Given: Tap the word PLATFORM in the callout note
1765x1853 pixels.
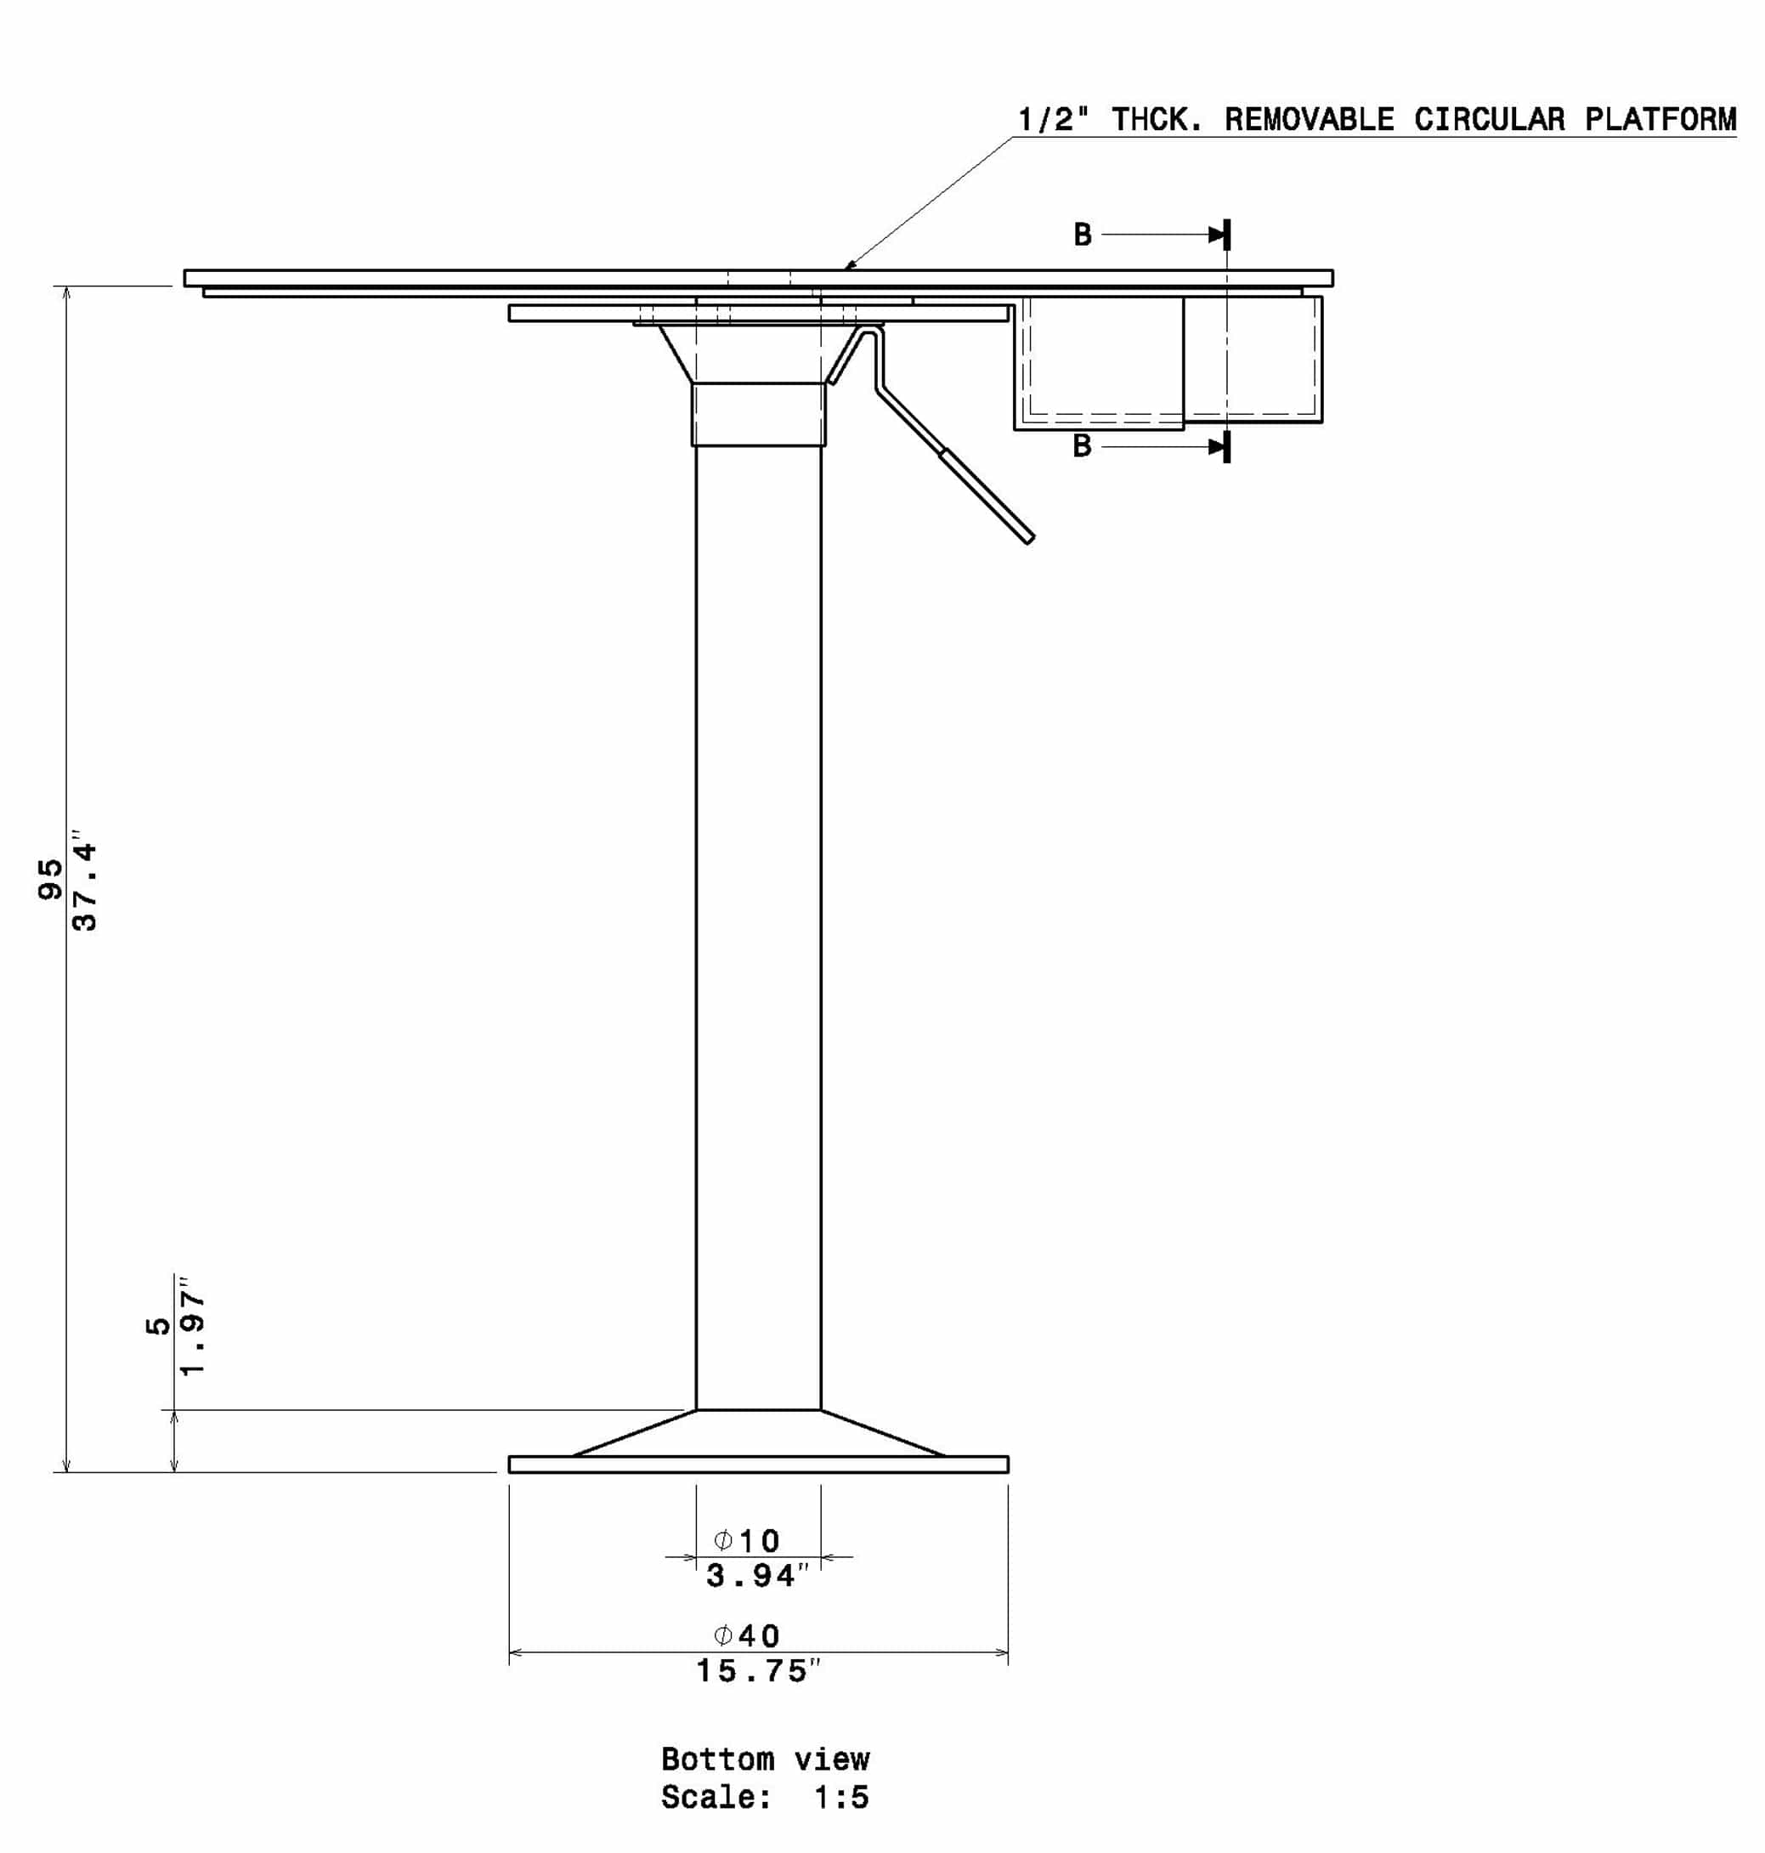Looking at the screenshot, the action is [1660, 120].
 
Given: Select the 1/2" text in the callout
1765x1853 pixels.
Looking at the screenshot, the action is [1054, 120].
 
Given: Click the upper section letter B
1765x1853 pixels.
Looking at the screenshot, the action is [1083, 235].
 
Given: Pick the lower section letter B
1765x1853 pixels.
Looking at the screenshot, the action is [1083, 445].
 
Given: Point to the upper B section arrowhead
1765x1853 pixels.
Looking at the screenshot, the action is [1218, 234].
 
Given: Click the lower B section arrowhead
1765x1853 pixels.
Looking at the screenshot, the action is [1218, 446].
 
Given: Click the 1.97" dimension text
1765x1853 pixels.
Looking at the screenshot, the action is [192, 1326].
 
